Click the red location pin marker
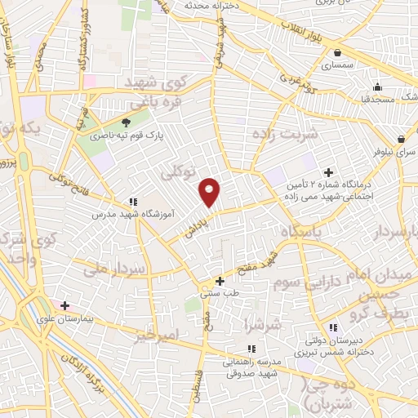click(211, 192)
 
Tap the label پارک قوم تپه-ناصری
click(127, 136)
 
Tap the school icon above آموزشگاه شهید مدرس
click(133, 202)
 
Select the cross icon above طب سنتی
click(220, 281)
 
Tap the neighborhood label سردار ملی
click(114, 268)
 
